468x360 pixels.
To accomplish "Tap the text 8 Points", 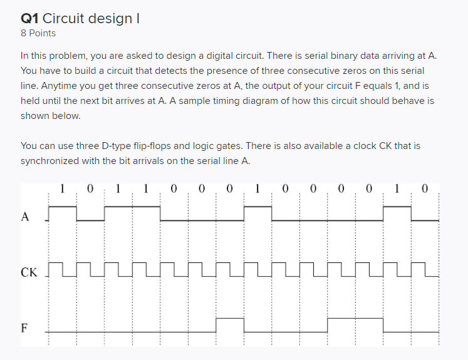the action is tap(38, 33).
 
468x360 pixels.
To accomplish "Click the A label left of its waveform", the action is tap(25, 217).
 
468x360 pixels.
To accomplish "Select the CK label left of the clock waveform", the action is tap(28, 272).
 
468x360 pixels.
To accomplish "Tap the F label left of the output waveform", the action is tap(24, 327).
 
